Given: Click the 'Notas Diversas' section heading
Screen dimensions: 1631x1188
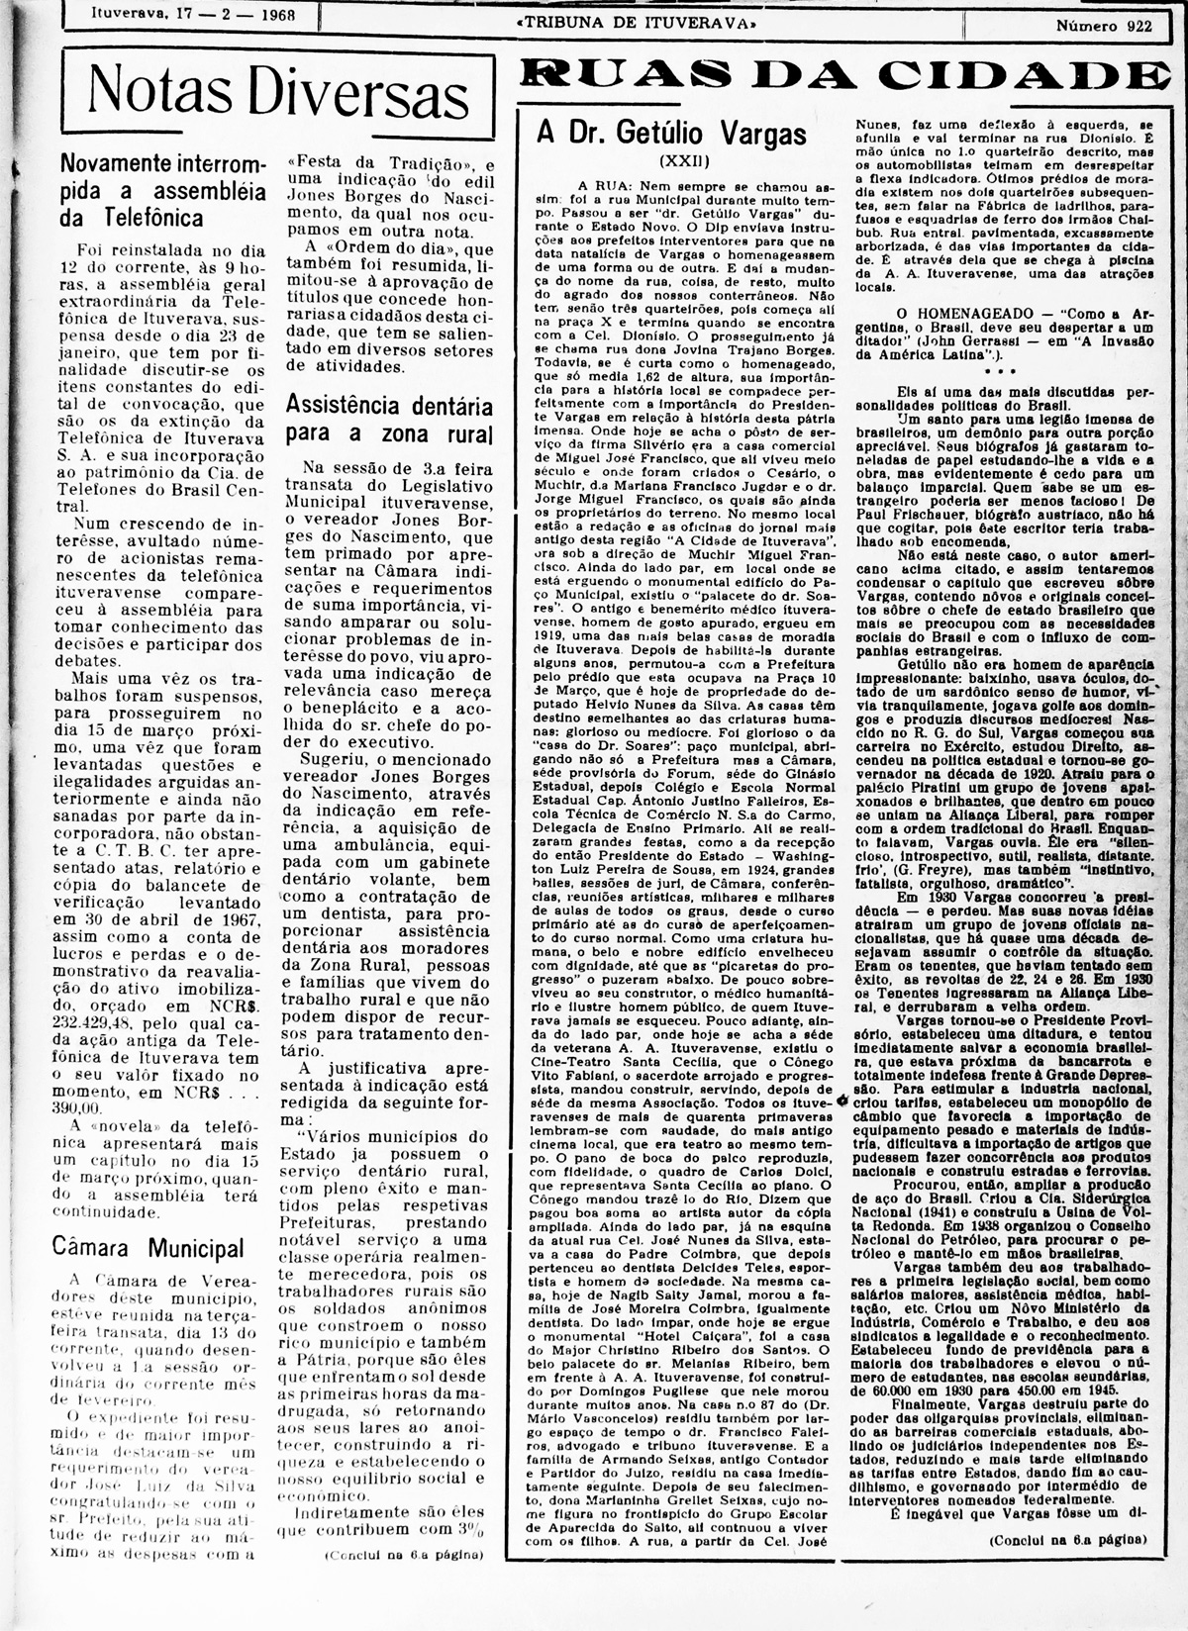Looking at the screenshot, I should tap(278, 94).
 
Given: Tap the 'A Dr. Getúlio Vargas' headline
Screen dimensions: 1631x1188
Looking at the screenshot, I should tap(671, 134).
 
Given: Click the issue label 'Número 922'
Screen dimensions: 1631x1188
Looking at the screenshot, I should tap(1103, 27).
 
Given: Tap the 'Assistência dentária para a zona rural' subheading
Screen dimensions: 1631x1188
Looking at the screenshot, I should tap(389, 419).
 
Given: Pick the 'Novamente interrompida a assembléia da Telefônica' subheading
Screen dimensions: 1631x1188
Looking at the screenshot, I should tap(162, 189).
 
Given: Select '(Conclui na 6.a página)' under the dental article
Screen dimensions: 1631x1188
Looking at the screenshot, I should tap(404, 1555).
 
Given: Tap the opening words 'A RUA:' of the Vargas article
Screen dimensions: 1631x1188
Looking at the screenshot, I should tap(603, 185).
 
